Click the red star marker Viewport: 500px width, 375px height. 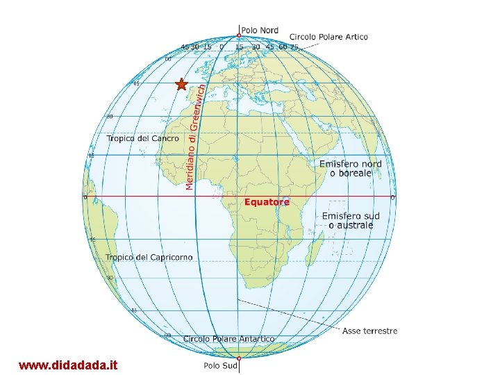coord(181,85)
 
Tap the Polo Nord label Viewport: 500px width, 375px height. coord(260,30)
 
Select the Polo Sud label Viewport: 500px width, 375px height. coord(222,365)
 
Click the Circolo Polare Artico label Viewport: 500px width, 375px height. coord(328,37)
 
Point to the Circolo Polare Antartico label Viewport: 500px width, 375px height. coord(228,339)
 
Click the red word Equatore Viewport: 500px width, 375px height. coord(267,202)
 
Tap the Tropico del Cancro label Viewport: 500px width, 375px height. coord(142,139)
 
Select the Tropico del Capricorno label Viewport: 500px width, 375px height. coord(149,258)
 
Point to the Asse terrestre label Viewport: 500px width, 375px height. coord(369,331)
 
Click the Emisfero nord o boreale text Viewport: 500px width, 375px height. coord(351,168)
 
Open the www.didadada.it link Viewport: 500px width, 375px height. coord(68,365)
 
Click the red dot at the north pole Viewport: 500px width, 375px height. coord(239,35)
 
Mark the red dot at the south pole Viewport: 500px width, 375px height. coord(238,358)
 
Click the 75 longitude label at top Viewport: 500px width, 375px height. coord(294,47)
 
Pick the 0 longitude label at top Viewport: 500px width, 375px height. coord(221,47)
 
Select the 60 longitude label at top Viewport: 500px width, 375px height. coord(283,47)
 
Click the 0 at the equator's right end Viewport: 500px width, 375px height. coord(392,198)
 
